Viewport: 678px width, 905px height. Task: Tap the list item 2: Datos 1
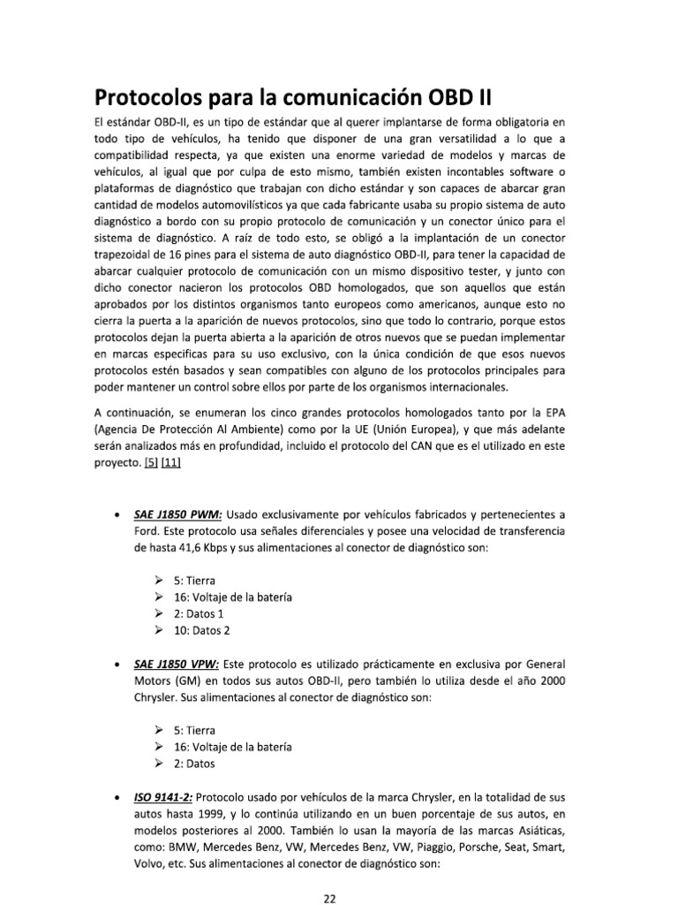coord(198,613)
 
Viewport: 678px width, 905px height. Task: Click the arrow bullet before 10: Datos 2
coord(157,630)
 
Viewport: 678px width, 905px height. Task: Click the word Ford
coord(147,532)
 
